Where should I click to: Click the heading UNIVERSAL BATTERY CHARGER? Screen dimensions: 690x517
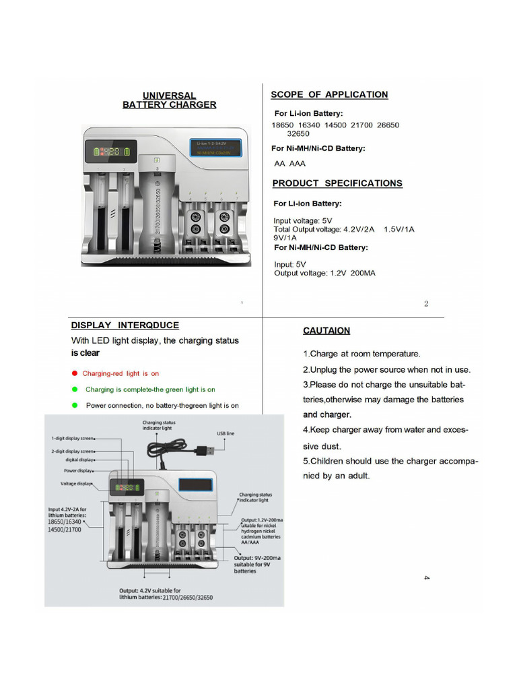coord(169,100)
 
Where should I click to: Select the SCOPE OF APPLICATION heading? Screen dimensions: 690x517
coord(329,94)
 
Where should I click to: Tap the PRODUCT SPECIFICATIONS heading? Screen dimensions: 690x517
coord(337,183)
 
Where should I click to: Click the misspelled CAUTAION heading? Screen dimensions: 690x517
coord(326,331)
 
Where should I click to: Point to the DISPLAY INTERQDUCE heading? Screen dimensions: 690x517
coord(125,325)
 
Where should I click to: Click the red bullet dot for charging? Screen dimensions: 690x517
coord(75,373)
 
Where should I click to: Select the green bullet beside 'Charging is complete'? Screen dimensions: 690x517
coord(75,389)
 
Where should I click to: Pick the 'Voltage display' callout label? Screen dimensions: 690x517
coord(77,484)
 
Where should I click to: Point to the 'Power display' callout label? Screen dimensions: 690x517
coord(78,470)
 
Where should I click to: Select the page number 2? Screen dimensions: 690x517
coord(426,304)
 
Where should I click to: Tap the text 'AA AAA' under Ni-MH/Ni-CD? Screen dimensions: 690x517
coord(289,163)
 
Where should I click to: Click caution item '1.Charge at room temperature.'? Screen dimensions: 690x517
coord(361,354)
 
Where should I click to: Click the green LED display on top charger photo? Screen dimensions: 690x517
coord(111,152)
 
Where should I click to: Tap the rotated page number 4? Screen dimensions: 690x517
coord(427,577)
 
